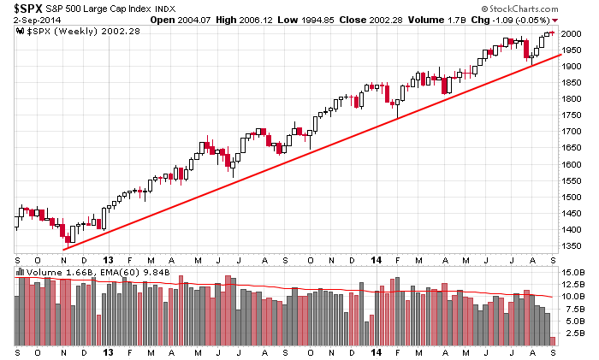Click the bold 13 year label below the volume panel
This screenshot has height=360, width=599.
point(108,351)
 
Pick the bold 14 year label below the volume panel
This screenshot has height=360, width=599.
point(377,351)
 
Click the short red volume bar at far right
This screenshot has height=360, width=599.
point(553,341)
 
